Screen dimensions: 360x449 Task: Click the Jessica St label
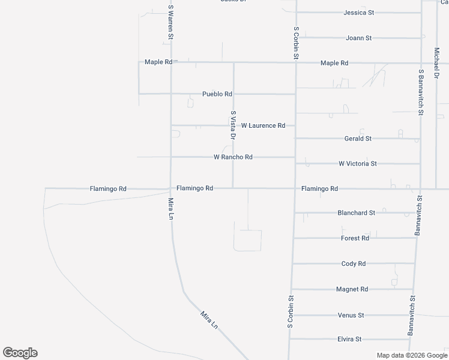(359, 12)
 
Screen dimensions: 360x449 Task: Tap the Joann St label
(359, 38)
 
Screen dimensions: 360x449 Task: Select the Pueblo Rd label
(217, 94)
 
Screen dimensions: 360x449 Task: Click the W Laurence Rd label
(263, 126)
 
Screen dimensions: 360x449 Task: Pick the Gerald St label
(358, 139)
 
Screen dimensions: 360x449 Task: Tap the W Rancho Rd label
(233, 157)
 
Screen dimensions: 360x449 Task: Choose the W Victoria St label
(358, 163)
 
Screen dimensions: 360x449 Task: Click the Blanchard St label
(357, 213)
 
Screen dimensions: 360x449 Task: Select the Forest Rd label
(355, 238)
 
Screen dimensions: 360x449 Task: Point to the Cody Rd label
(353, 264)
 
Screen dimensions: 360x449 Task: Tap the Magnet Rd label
(352, 289)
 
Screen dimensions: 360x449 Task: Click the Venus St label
(351, 315)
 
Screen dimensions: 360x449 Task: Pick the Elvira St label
(349, 340)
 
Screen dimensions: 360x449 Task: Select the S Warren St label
(171, 23)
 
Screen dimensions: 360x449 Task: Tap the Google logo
(20, 353)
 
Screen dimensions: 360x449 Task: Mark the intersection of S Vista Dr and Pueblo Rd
(234, 94)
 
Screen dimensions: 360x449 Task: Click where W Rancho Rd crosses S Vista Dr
(234, 157)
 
